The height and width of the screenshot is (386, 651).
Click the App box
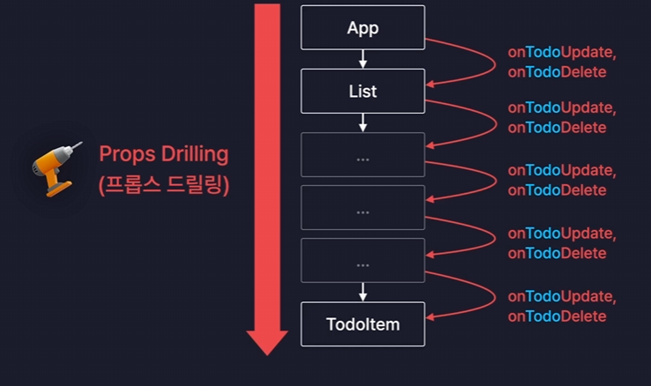pos(363,27)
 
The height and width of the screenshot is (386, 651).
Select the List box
pos(363,91)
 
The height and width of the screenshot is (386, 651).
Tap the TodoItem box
pos(363,323)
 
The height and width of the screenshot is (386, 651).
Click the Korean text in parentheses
pos(163,186)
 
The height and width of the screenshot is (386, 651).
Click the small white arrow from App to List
pos(363,59)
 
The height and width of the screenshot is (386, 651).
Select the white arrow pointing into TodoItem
pos(363,292)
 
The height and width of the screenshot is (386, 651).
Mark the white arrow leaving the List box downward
pos(363,122)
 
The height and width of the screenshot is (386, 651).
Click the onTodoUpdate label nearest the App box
pos(562,52)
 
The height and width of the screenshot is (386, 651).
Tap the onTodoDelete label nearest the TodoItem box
pos(557,316)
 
